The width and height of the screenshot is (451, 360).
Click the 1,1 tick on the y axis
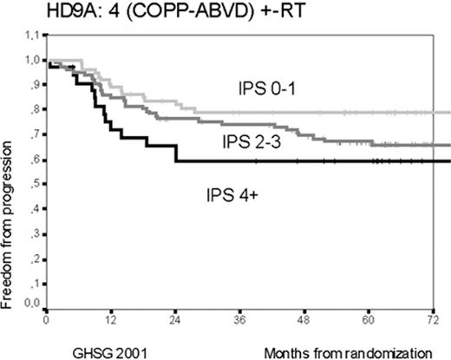pyautogui.click(x=31, y=36)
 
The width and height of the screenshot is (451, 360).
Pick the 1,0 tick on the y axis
pyautogui.click(x=31, y=61)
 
